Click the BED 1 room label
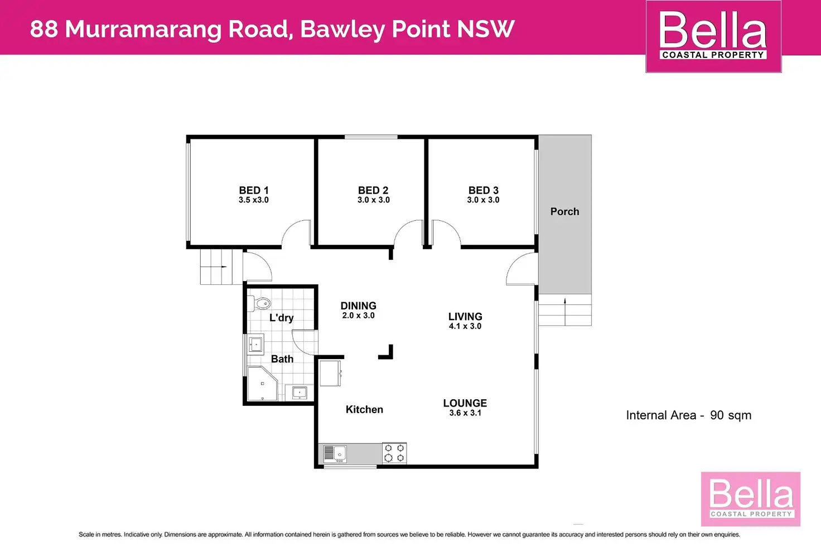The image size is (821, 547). click(x=253, y=190)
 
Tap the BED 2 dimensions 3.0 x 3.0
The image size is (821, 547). click(x=373, y=200)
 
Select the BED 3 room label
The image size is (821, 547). click(x=483, y=190)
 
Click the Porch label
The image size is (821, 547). click(x=564, y=211)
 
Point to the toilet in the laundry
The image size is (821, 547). click(x=261, y=304)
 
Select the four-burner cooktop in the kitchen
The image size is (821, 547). click(x=394, y=453)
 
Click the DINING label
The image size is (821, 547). click(x=358, y=306)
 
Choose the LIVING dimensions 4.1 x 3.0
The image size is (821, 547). click(x=465, y=326)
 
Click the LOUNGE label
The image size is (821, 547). click(x=465, y=403)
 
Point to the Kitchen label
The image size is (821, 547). click(x=364, y=409)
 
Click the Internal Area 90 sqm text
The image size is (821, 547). click(x=688, y=415)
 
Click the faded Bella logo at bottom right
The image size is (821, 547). click(x=751, y=498)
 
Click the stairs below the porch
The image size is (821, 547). click(x=564, y=310)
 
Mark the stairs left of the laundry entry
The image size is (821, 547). click(x=216, y=267)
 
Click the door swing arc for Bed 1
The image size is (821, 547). click(x=296, y=233)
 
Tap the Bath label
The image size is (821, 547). click(x=282, y=359)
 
